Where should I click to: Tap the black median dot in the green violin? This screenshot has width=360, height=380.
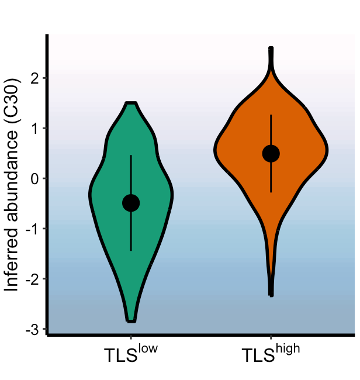coord(131,203)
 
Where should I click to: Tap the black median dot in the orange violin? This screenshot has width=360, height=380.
coord(271,153)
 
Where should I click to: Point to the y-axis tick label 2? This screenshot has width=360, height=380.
coord(36,78)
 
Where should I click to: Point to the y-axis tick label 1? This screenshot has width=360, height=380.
coord(36,128)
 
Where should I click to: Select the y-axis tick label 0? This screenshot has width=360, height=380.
coord(36,178)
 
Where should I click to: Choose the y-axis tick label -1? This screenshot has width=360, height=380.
coord(33,229)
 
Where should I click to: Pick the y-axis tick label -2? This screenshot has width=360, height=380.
coord(33,279)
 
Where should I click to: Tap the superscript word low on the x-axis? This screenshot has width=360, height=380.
coord(148,350)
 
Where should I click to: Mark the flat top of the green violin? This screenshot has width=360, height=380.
coord(131,104)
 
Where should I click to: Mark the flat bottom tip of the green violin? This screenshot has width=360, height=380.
coord(131,320)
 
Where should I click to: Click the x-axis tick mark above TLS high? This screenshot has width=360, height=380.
coord(271,338)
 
